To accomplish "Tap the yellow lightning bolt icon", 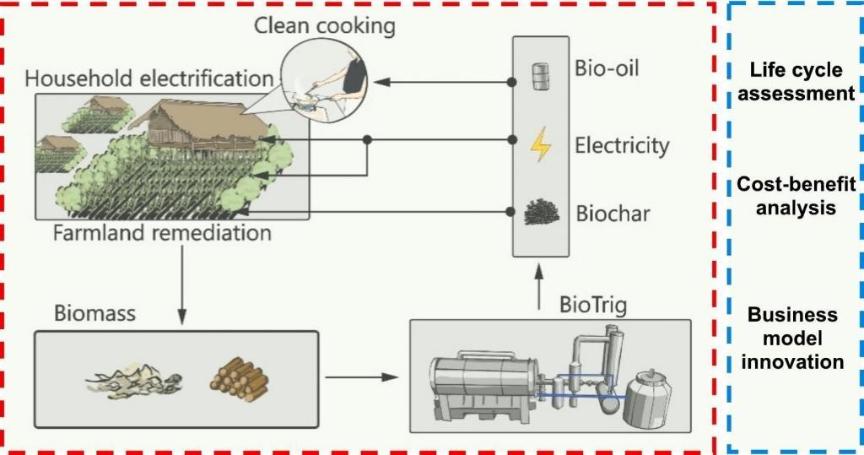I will [540, 145].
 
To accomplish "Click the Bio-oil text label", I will [607, 68].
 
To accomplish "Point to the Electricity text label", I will [622, 145].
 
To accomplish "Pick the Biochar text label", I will [613, 214].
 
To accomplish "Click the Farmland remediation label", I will [162, 233].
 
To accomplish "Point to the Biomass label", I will [94, 315].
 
